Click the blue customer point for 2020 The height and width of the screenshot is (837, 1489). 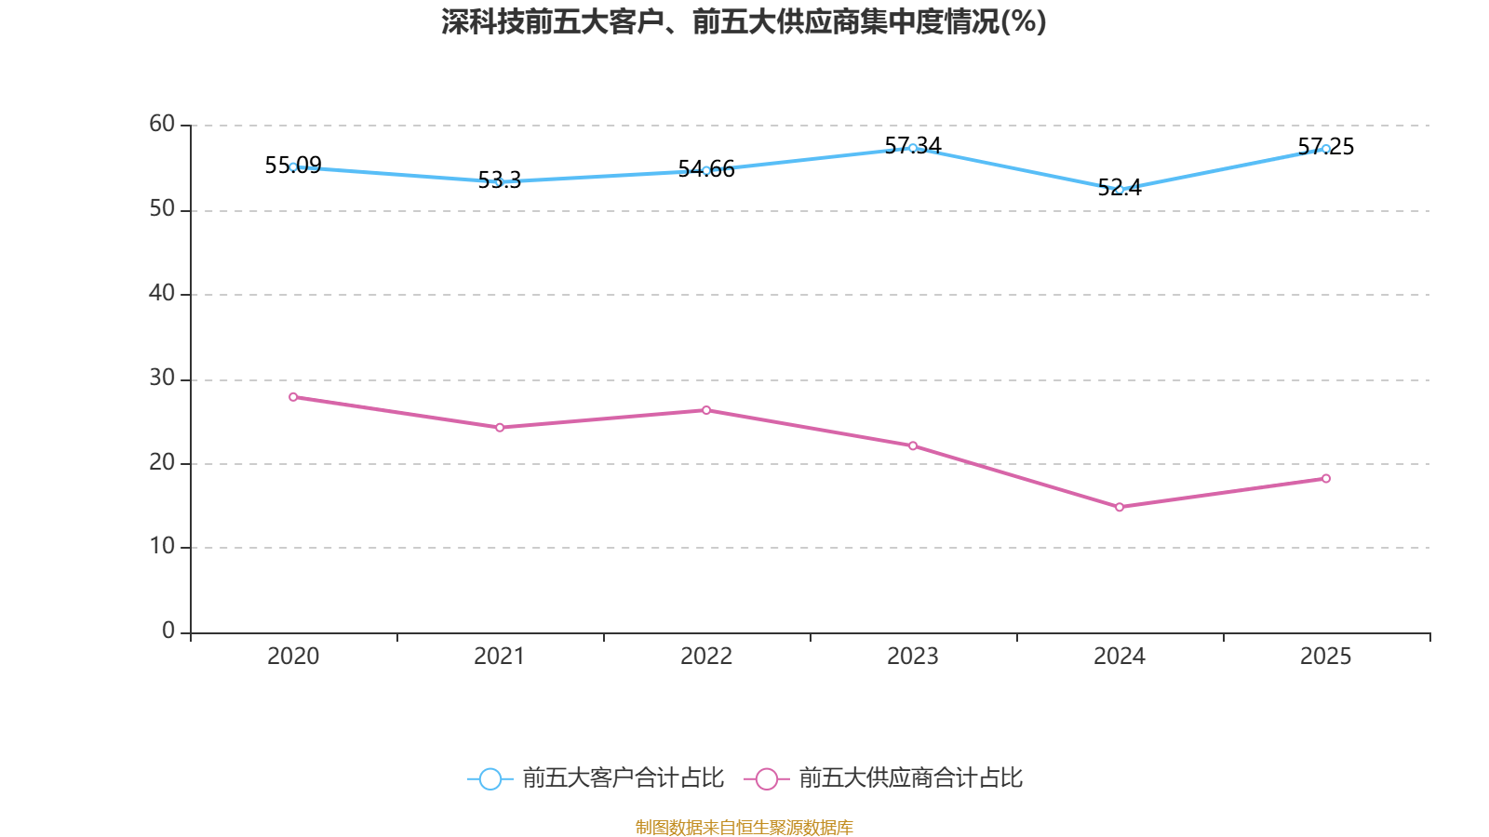pyautogui.click(x=293, y=167)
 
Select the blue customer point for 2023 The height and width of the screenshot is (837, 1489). pyautogui.click(x=913, y=148)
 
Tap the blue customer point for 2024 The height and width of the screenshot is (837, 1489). pyautogui.click(x=1120, y=189)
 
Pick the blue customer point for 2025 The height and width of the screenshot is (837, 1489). pyautogui.click(x=1326, y=149)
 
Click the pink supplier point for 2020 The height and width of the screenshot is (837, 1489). pyautogui.click(x=293, y=397)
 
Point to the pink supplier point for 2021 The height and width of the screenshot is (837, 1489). pyautogui.click(x=500, y=428)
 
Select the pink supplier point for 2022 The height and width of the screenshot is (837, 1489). pyautogui.click(x=706, y=410)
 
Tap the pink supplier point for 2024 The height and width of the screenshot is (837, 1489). pyautogui.click(x=1120, y=507)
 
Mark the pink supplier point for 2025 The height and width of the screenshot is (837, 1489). pyautogui.click(x=1326, y=479)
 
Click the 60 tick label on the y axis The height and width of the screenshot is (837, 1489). pyautogui.click(x=162, y=125)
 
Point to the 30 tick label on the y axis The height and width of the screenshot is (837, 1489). pyautogui.click(x=162, y=379)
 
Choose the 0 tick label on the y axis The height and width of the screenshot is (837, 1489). pyautogui.click(x=168, y=631)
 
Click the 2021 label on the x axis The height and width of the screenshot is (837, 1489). pyautogui.click(x=500, y=657)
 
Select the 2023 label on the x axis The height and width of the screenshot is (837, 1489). pyautogui.click(x=913, y=657)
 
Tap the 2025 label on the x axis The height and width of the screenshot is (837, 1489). pyautogui.click(x=1326, y=657)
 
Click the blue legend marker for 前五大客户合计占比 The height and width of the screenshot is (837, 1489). pyautogui.click(x=490, y=778)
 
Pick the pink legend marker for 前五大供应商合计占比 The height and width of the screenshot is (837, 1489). pyautogui.click(x=767, y=778)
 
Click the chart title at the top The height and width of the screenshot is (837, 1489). pyautogui.click(x=744, y=21)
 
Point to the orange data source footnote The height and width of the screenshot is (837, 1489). pyautogui.click(x=744, y=827)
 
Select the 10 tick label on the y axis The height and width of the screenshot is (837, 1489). pyautogui.click(x=162, y=547)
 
